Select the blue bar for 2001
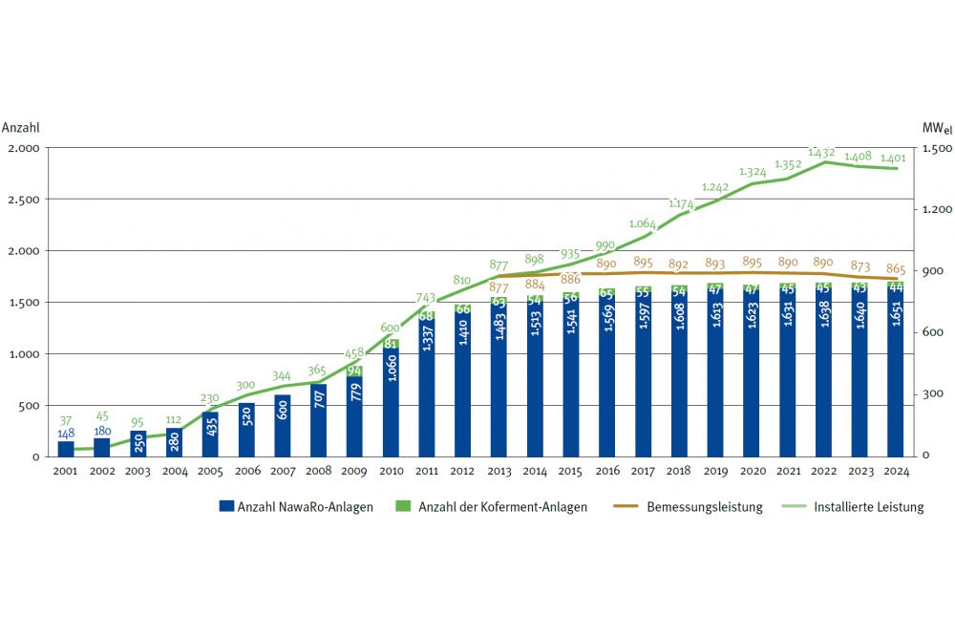66,449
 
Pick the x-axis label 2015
570,471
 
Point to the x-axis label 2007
283,471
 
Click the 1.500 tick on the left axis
25,303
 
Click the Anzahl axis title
21,127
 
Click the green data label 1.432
821,152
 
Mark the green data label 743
428,299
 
